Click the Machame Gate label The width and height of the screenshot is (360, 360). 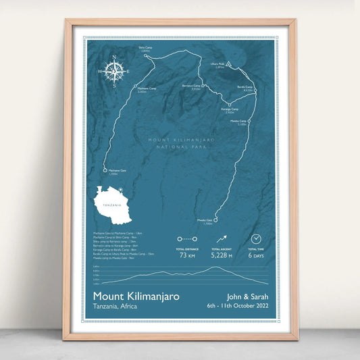pos(115,171)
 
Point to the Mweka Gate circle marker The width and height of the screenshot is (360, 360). pos(216,220)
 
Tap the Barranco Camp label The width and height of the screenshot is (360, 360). pos(191,86)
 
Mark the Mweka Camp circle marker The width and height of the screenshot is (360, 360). pos(249,122)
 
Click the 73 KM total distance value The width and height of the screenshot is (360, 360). pos(186,255)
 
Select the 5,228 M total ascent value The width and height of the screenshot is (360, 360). pos(222,255)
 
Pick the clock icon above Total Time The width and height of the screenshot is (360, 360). pos(256,238)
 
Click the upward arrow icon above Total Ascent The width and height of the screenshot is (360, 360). pos(222,238)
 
